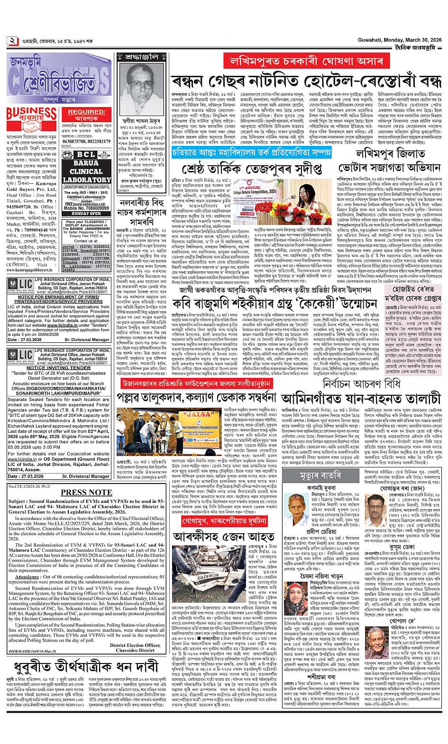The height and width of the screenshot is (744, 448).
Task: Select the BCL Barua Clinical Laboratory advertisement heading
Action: (x=86, y=167)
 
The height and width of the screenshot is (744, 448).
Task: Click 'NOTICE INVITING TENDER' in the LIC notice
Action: (x=58, y=368)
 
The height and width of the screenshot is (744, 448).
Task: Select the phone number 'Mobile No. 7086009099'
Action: (x=86, y=208)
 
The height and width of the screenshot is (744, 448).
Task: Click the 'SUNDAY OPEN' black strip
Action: (x=86, y=214)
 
